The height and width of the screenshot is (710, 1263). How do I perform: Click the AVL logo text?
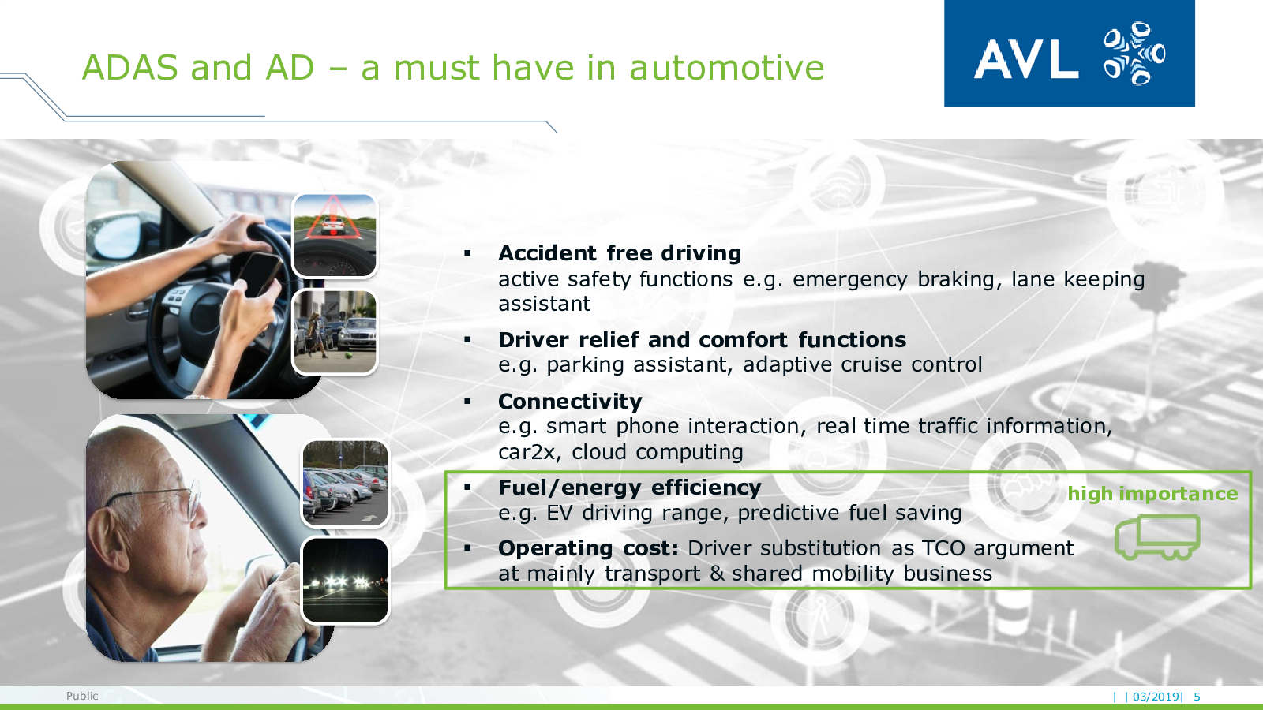point(1025,58)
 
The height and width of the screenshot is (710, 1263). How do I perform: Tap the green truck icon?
point(1157,537)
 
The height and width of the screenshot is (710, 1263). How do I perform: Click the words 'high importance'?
point(1152,494)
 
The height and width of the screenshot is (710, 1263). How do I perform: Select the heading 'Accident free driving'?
point(620,253)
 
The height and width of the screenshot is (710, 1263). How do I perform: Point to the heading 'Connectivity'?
point(570,402)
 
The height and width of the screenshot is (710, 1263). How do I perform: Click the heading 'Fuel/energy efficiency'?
point(630,488)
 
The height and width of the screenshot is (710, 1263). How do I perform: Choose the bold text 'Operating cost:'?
point(589,547)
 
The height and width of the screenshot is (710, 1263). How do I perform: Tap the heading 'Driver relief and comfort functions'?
point(702,340)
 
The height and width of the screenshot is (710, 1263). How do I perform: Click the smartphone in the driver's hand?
point(260,274)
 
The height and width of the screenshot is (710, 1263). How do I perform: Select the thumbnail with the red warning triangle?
point(335,236)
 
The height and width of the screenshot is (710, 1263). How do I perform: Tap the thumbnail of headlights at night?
point(345,581)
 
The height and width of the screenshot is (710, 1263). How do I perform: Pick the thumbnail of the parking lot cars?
point(345,484)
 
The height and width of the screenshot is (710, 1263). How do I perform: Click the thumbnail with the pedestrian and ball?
point(335,332)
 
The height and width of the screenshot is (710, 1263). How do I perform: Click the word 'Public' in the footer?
point(82,696)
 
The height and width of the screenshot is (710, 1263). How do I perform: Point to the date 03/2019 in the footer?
point(1156,697)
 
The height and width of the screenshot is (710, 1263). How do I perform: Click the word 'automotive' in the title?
point(726,68)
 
